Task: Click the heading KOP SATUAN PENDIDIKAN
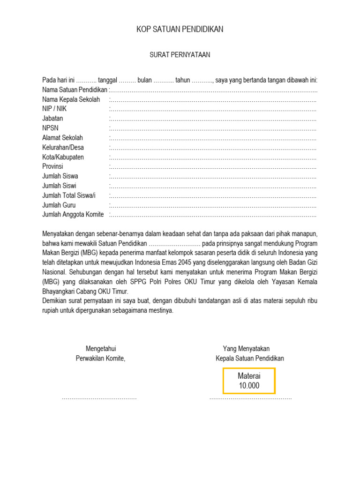180,30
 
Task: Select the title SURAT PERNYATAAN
180,55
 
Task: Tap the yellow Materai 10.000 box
249,381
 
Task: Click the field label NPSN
51,128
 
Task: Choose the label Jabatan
52,119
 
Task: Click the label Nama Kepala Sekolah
71,99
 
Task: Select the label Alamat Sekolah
62,138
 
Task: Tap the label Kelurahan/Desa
63,147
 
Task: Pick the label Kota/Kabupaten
63,157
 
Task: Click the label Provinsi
52,166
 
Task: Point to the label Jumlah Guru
59,205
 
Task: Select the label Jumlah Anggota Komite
73,215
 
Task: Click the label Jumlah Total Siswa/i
69,195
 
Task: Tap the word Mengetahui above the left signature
101,349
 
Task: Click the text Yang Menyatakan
246,349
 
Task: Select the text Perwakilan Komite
101,359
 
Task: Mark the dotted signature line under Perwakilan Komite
99,398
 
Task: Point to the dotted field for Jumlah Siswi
213,186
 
